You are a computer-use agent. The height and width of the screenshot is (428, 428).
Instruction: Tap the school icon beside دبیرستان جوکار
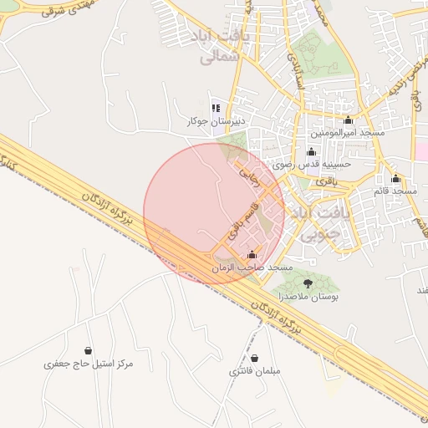[x=217, y=108]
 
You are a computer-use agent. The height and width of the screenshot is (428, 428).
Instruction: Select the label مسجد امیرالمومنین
[x=348, y=133]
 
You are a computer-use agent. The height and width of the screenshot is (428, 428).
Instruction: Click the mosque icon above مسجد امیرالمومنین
[x=348, y=120]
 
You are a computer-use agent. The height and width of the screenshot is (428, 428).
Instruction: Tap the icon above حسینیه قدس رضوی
[x=312, y=152]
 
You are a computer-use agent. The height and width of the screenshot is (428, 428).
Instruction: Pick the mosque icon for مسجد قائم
[x=395, y=180]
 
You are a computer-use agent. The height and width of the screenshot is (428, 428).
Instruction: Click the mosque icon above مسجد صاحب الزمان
[x=252, y=255]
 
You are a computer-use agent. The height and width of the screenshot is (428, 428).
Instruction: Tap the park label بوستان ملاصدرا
[x=308, y=297]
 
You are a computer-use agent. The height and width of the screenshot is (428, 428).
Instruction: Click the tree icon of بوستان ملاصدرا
[x=308, y=284]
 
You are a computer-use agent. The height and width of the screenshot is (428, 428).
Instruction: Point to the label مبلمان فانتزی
[x=255, y=370]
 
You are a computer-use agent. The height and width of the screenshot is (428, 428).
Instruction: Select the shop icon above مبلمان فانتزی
[x=255, y=358]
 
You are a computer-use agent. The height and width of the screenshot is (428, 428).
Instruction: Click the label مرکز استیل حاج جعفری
[x=89, y=364]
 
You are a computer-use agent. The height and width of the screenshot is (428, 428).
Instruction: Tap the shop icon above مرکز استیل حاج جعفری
[x=89, y=351]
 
